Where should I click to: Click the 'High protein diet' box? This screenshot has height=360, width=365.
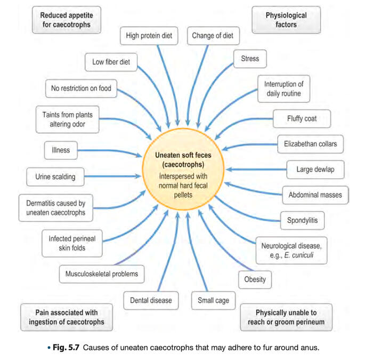pyautogui.click(x=150, y=36)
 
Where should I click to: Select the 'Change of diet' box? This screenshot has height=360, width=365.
pyautogui.click(x=213, y=36)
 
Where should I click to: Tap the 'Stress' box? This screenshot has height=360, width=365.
pyautogui.click(x=250, y=59)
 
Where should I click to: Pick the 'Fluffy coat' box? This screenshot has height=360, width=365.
pyautogui.click(x=302, y=118)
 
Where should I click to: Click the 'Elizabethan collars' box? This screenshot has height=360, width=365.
pyautogui.click(x=310, y=143)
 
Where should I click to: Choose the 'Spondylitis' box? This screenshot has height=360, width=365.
pyautogui.click(x=302, y=219)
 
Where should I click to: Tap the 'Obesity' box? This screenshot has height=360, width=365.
pyautogui.click(x=255, y=278)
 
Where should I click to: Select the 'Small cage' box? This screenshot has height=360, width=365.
pyautogui.click(x=213, y=300)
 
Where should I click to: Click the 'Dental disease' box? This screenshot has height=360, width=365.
pyautogui.click(x=151, y=300)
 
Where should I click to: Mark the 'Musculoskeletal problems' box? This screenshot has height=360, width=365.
pyautogui.click(x=101, y=275)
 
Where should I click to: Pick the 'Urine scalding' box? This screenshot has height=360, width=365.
pyautogui.click(x=55, y=177)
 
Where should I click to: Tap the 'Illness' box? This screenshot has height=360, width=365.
pyautogui.click(x=61, y=150)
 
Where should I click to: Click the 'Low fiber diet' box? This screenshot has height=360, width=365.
pyautogui.click(x=111, y=62)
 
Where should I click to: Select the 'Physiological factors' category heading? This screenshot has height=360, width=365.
pyautogui.click(x=286, y=20)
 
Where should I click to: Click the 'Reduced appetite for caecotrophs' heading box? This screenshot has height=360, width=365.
pyautogui.click(x=65, y=20)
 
